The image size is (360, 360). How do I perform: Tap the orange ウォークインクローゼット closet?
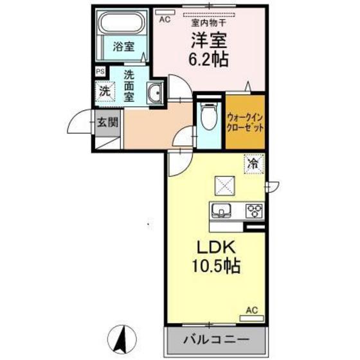(x=246, y=122)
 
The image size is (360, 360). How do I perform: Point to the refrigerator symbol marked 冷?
(x=254, y=165)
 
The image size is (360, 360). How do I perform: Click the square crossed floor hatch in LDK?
(x=226, y=186)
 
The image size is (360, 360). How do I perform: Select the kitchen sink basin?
(x=222, y=211)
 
